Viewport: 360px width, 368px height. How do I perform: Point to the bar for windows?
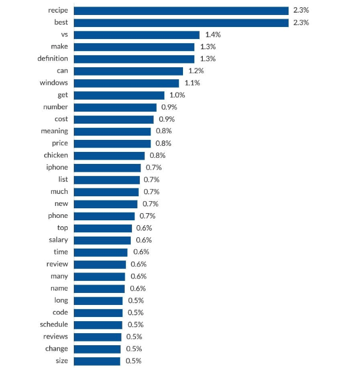point(127,83)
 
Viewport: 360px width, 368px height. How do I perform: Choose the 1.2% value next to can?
point(196,71)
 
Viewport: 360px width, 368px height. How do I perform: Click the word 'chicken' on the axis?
point(56,155)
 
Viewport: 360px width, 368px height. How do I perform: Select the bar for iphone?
point(107,167)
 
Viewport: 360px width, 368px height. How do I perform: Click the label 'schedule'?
point(54,325)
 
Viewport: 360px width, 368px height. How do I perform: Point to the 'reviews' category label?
point(56,337)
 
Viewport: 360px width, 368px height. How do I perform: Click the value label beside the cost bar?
point(167,119)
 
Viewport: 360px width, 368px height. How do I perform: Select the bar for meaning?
point(112,131)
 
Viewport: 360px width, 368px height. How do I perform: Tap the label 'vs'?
point(64,35)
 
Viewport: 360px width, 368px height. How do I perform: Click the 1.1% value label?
point(192,83)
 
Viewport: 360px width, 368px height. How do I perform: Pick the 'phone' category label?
point(58,216)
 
